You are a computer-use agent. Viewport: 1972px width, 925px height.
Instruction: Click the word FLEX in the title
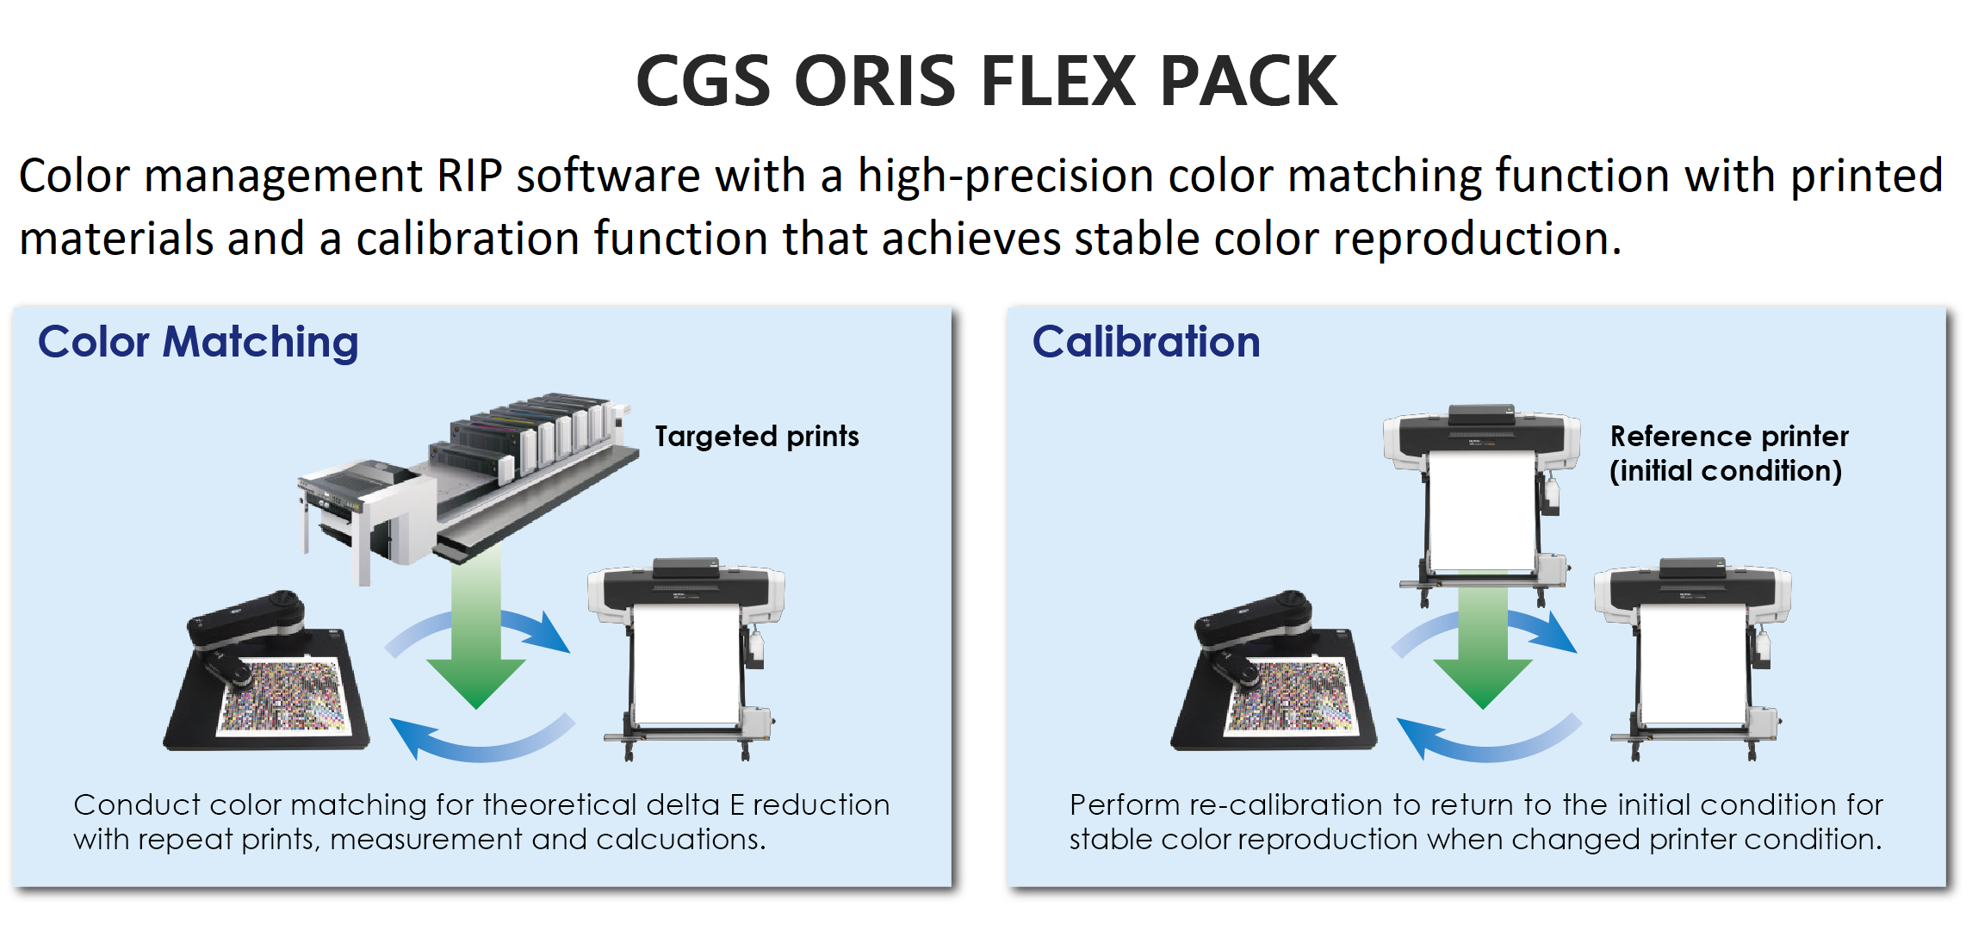coord(1059,81)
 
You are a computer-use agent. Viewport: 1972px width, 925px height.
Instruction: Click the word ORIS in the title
coord(875,81)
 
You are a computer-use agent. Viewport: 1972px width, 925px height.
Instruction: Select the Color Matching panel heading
coord(198,342)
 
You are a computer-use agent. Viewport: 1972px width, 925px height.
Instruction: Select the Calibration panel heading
coord(1145,342)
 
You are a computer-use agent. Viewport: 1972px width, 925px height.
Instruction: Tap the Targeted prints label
coord(757,437)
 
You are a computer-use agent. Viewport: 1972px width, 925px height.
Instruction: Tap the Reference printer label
coord(1729,437)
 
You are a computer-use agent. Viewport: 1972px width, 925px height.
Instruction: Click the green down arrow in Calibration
coord(1483,646)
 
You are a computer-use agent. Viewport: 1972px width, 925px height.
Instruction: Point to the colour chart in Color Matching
coord(284,696)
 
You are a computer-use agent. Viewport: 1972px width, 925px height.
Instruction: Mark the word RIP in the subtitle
coord(469,176)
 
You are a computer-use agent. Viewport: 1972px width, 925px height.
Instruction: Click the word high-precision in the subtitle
coord(1005,176)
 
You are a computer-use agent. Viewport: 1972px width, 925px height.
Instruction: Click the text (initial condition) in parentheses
coord(1726,471)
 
